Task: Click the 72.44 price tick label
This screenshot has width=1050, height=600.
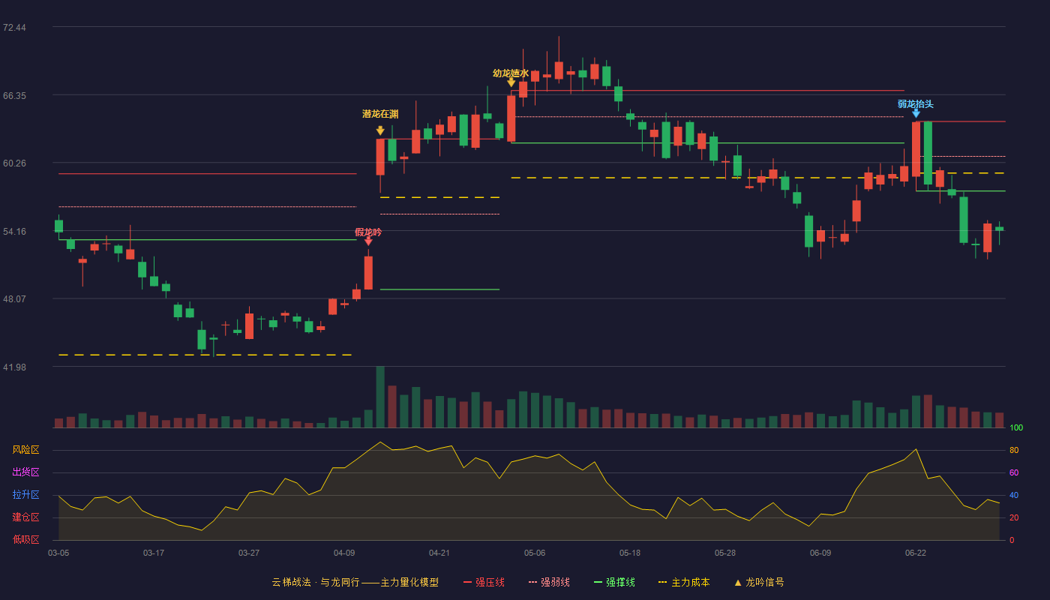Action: (14, 28)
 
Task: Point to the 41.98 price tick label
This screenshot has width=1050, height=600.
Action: (14, 367)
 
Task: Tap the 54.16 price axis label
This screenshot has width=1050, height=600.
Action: (14, 232)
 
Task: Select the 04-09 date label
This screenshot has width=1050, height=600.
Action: (344, 553)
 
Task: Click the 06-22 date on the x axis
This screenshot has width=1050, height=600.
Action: (916, 553)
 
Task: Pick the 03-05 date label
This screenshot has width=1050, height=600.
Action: (58, 553)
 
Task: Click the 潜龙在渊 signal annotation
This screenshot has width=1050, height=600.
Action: (380, 114)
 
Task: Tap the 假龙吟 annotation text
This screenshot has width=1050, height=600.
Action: (368, 232)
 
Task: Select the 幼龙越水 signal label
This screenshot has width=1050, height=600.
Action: (511, 73)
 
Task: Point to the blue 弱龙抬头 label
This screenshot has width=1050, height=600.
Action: (916, 104)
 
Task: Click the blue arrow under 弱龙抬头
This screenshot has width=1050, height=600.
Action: (916, 113)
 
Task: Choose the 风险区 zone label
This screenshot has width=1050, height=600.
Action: (25, 450)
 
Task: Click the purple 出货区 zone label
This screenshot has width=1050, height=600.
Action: (25, 472)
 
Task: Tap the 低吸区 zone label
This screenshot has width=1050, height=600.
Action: (25, 539)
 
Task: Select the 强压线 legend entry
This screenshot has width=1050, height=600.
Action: (484, 582)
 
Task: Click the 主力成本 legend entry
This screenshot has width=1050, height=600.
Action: (684, 582)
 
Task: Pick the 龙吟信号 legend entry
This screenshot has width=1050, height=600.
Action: (759, 582)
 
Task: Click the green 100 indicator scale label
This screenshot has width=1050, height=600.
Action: (1016, 427)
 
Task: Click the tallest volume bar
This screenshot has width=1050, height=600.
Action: (380, 397)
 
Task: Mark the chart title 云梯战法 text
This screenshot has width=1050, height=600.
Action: (291, 582)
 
